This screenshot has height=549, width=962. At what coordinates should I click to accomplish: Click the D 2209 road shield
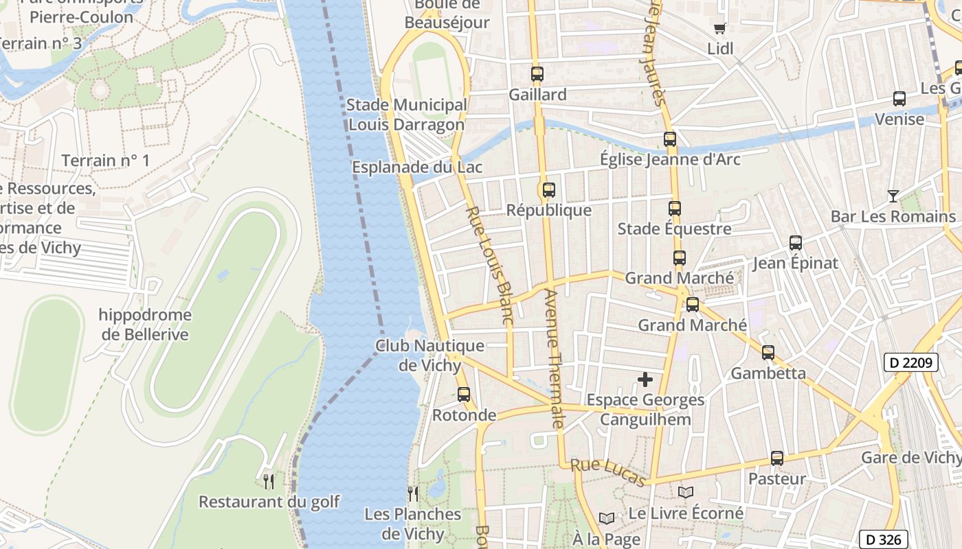click(910, 362)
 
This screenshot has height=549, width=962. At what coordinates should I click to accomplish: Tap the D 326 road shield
click(884, 539)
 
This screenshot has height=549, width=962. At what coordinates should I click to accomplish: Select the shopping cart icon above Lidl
click(719, 28)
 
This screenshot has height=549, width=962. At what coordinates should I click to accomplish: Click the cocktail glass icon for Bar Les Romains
click(893, 196)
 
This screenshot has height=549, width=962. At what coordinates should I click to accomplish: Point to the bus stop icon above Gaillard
click(537, 74)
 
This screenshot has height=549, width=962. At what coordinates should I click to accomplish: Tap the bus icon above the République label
click(548, 190)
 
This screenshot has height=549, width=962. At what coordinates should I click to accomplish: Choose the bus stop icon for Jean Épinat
click(796, 243)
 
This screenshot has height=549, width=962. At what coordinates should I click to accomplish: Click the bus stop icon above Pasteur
click(776, 458)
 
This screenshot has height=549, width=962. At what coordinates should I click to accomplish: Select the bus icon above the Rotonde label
click(464, 395)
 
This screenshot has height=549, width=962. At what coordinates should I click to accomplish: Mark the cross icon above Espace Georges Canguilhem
click(645, 379)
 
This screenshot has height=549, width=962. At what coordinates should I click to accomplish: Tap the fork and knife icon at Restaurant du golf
click(269, 481)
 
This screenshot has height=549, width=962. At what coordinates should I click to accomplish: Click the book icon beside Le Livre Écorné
click(685, 492)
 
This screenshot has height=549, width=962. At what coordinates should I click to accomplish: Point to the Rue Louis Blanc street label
click(489, 264)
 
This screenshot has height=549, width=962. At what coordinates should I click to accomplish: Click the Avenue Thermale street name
click(554, 358)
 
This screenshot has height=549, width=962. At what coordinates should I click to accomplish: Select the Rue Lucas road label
click(607, 472)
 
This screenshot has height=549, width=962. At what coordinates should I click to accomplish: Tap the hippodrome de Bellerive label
click(144, 325)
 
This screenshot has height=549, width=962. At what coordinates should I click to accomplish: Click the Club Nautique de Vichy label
click(429, 355)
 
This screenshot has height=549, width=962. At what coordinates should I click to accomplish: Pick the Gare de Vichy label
click(911, 458)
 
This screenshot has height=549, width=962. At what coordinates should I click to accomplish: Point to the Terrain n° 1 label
click(105, 161)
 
